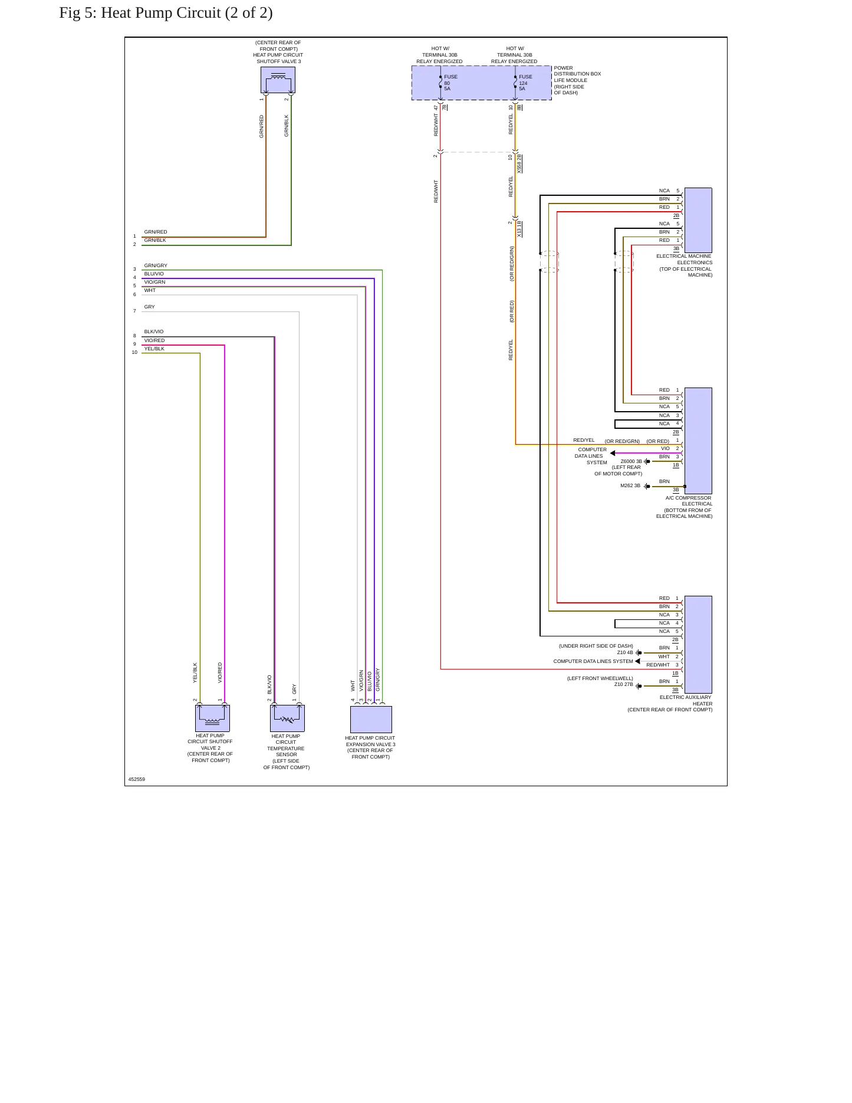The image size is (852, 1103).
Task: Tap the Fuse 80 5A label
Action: click(x=450, y=83)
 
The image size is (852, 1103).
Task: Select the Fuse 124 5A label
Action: click(x=525, y=83)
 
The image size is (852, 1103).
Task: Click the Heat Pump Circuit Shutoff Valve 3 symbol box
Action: click(x=278, y=80)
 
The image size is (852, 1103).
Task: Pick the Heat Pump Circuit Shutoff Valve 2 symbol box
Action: click(x=212, y=718)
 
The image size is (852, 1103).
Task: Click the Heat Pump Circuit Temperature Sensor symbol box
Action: click(x=287, y=718)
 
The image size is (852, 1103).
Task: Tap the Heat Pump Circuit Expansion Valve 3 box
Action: click(x=371, y=720)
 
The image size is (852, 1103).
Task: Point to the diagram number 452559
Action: click(x=137, y=779)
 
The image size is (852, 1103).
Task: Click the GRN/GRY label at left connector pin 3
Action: click(x=156, y=265)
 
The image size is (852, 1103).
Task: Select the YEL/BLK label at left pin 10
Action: click(x=154, y=349)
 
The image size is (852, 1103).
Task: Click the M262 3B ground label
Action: click(x=630, y=485)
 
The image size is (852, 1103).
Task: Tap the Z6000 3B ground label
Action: click(x=631, y=461)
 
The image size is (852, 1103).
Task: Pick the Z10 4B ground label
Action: click(x=625, y=652)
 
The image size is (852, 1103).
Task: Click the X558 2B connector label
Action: click(x=519, y=163)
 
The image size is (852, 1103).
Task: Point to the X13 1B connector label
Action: click(x=519, y=229)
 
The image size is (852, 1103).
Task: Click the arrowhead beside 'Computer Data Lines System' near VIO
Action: click(x=613, y=453)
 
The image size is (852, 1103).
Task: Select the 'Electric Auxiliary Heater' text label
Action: click(x=686, y=700)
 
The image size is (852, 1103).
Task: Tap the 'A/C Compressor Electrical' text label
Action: click(x=689, y=501)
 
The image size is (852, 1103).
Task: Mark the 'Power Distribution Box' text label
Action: click(x=577, y=71)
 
